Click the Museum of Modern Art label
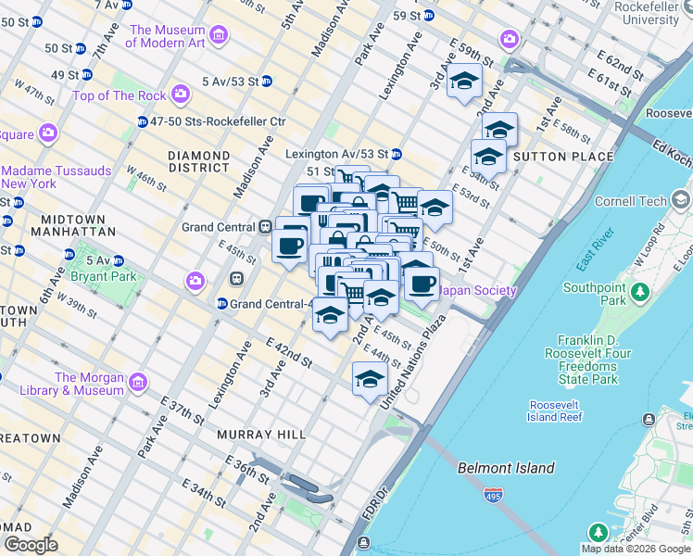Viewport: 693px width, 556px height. point(166,36)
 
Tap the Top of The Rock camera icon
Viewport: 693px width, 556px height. point(180,95)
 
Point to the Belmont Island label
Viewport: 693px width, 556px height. point(506,468)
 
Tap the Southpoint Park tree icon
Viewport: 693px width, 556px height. point(639,294)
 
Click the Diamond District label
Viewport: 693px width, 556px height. point(198,161)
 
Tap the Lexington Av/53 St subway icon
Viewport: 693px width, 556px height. point(396,154)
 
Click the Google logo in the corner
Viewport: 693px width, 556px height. point(31,545)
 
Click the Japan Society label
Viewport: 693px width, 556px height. point(477,291)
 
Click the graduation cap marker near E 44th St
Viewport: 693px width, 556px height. point(370,379)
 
